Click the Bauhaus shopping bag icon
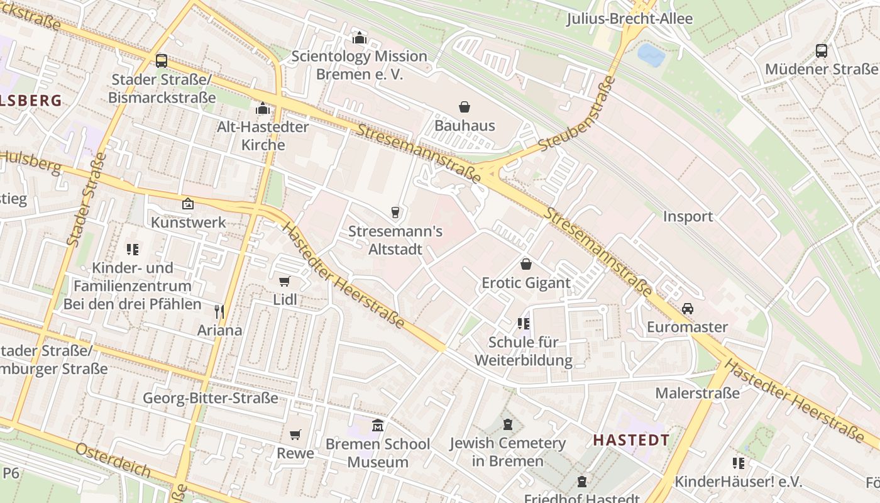[x=465, y=107]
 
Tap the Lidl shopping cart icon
[x=284, y=281]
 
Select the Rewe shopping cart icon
[x=295, y=434]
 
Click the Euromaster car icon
[x=687, y=309]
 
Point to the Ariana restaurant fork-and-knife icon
[x=219, y=311]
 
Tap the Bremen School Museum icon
[x=378, y=426]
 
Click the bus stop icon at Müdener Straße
[x=821, y=51]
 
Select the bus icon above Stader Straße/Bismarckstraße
[x=162, y=61]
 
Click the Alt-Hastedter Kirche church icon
[x=263, y=109]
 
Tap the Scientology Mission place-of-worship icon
[x=359, y=38]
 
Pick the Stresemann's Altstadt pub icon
[x=395, y=213]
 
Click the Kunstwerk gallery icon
[x=187, y=204]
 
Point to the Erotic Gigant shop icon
[x=525, y=264]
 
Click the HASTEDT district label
[x=630, y=439]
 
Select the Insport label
[x=688, y=216]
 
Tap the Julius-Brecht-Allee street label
[x=629, y=19]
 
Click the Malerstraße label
[x=697, y=393]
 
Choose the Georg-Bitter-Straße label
[x=210, y=398]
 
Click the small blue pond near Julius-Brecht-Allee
[x=651, y=55]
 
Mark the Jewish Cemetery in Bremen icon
[x=508, y=424]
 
